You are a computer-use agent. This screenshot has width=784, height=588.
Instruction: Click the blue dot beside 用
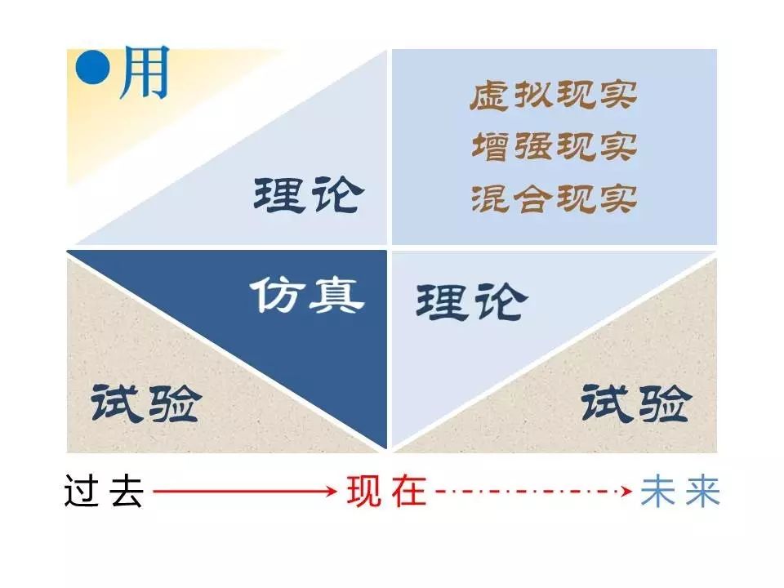pos(92,68)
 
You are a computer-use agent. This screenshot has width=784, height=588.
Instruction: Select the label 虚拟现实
pos(554,95)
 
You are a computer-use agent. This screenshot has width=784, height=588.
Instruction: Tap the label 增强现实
pos(554,146)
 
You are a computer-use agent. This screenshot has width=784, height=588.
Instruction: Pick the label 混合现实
pos(554,198)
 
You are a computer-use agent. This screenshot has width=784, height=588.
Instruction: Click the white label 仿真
pos(307,295)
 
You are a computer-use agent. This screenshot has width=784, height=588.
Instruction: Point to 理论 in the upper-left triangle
pos(309,194)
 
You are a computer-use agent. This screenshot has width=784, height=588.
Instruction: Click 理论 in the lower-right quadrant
pos(471,301)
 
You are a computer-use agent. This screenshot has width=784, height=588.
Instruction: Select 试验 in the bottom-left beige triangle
pos(146,403)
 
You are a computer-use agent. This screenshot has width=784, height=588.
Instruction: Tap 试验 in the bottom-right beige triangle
pos(636,403)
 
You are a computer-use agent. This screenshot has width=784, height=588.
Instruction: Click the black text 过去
pos(104,491)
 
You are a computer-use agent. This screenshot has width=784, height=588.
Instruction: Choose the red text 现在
pos(387,491)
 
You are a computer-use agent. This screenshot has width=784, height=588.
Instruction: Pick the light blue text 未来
pos(680,491)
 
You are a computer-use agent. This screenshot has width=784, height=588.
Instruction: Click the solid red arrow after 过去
pos(245,491)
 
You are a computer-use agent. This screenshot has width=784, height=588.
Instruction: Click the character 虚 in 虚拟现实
pos(490,95)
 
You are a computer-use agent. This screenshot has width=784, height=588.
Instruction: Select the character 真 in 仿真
pos(336,296)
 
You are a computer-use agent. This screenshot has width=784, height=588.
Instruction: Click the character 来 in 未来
pos(703,492)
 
